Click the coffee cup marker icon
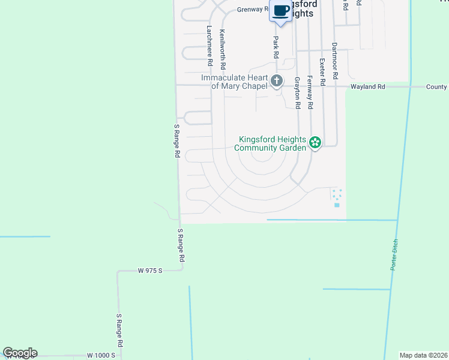[x=281, y=10]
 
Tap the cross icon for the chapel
[x=277, y=80]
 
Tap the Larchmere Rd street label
[x=210, y=46]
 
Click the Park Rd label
[x=276, y=47]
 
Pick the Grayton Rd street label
[x=297, y=92]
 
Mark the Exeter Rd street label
[x=322, y=71]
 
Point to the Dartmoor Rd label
[x=335, y=61]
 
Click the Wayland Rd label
[x=368, y=87]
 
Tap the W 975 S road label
[x=150, y=271]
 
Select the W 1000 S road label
[x=100, y=355]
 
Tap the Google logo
[x=20, y=353]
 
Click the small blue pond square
[x=337, y=205]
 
